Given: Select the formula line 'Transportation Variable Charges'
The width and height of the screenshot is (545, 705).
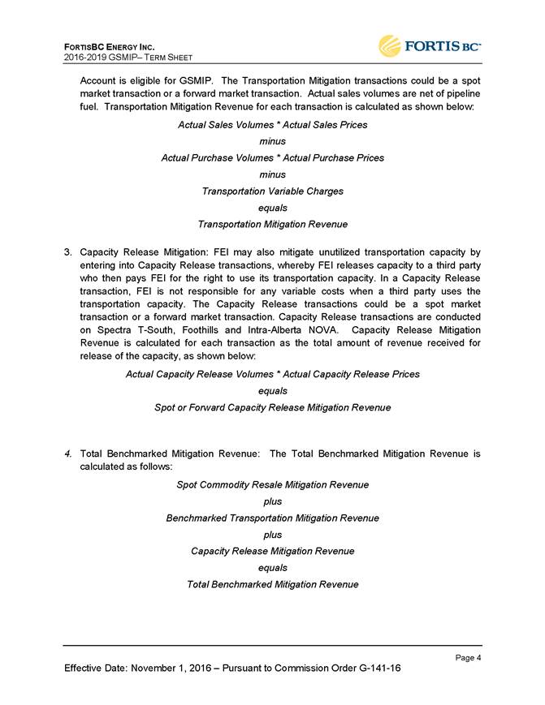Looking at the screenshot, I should pyautogui.click(x=272, y=191).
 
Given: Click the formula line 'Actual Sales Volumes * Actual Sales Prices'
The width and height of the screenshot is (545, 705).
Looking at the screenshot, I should pyautogui.click(x=272, y=124).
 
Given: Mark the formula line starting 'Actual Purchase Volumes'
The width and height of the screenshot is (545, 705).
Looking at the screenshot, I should pyautogui.click(x=272, y=157).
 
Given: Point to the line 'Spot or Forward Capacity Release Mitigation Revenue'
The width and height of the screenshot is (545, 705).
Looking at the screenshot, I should pyautogui.click(x=272, y=407).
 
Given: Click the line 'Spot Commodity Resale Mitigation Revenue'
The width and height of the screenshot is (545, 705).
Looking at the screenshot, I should pyautogui.click(x=272, y=484).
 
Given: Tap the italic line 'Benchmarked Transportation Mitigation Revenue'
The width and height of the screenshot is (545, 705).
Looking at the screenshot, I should pyautogui.click(x=272, y=518).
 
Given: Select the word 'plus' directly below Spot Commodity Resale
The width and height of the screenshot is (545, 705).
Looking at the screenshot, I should pyautogui.click(x=272, y=501).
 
